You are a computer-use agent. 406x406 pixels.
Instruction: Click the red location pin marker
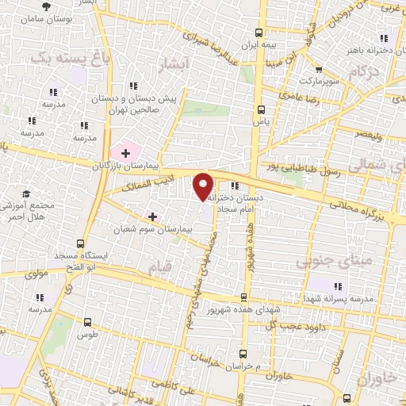[204, 186]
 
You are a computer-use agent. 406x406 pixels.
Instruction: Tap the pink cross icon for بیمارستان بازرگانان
[125, 151]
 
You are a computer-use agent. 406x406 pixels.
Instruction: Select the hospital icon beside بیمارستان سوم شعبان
[152, 216]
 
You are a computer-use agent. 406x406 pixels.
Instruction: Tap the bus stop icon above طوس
[87, 323]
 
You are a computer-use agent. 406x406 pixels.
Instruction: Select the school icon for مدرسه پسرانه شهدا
[339, 286]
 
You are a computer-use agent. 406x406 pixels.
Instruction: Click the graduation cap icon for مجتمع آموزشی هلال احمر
[26, 193]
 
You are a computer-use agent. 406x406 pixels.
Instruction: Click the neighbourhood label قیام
[159, 270]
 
